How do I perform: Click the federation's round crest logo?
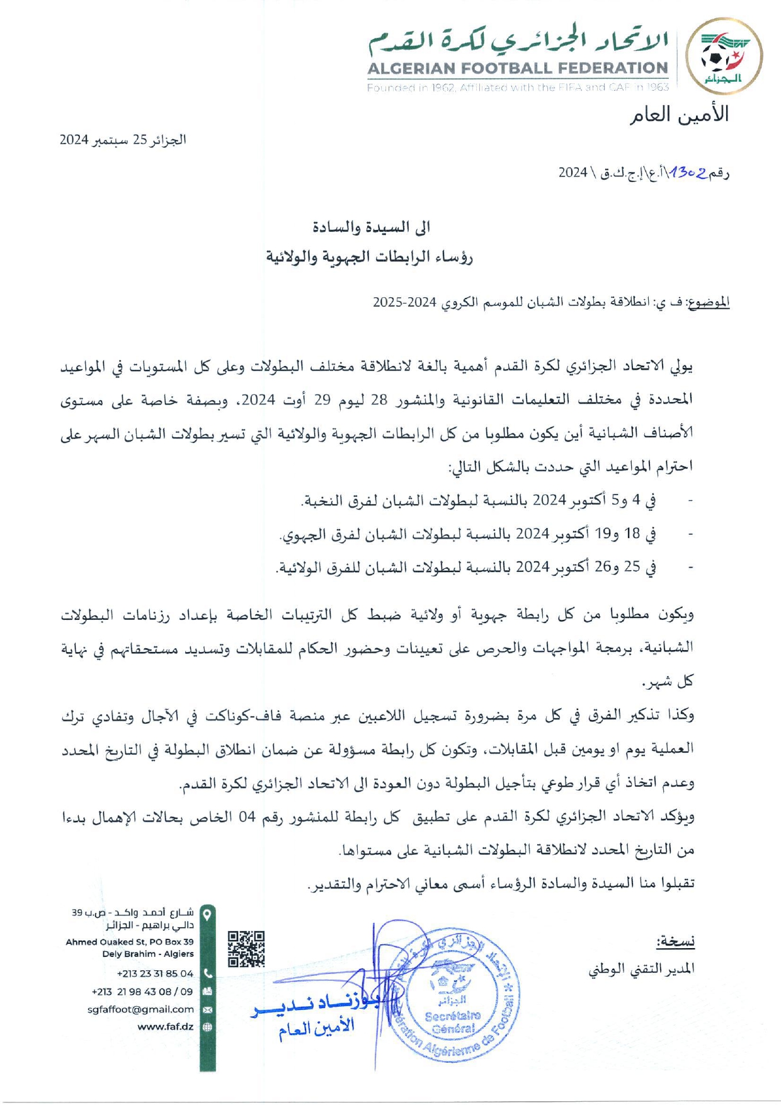pyautogui.click(x=723, y=57)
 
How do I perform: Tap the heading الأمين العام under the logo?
pyautogui.click(x=679, y=115)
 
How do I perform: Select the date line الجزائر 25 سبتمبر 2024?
pyautogui.click(x=123, y=140)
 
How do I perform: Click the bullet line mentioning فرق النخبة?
pyautogui.click(x=479, y=500)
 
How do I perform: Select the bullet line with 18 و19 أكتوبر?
pyautogui.click(x=467, y=534)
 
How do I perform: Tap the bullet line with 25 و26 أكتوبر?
pyautogui.click(x=466, y=568)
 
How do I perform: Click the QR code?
pyautogui.click(x=246, y=948)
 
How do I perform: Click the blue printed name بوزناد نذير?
pyautogui.click(x=315, y=1004)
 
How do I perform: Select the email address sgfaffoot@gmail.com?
pyautogui.click(x=140, y=1009)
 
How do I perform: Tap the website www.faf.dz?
pyautogui.click(x=165, y=1026)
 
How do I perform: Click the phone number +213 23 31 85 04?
pyautogui.click(x=155, y=973)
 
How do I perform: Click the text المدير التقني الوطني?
pyautogui.click(x=641, y=970)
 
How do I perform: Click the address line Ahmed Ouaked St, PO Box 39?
pyautogui.click(x=130, y=942)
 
